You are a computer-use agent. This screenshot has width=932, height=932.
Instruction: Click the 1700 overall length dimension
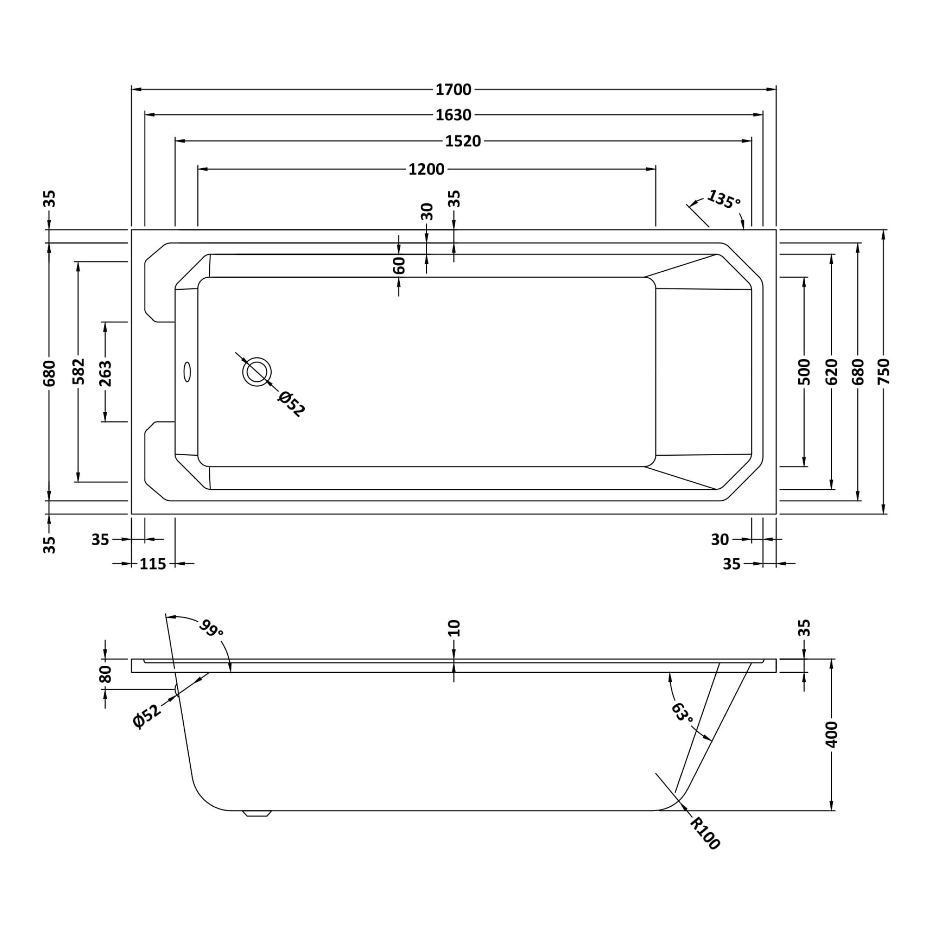[453, 90]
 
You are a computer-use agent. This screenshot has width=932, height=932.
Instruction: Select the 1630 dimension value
[453, 115]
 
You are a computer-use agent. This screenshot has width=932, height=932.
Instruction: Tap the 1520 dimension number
[463, 141]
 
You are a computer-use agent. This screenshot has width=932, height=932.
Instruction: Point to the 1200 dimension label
[426, 170]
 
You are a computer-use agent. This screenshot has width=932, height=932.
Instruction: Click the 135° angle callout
[724, 199]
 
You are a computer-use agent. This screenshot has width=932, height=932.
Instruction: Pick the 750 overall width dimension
[883, 371]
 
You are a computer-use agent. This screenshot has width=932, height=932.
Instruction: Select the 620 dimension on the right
[831, 371]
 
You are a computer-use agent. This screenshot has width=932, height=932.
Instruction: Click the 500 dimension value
[804, 371]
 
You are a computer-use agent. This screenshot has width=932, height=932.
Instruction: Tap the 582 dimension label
[78, 371]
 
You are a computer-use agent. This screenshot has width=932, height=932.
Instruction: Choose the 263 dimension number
[105, 373]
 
